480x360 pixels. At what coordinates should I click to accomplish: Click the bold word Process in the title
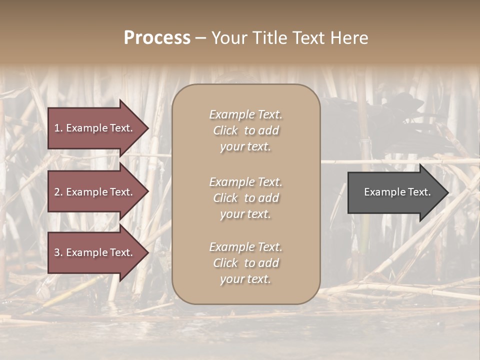(157, 38)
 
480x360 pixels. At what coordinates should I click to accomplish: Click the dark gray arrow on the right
(395, 192)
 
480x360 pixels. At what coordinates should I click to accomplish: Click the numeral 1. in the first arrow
(58, 128)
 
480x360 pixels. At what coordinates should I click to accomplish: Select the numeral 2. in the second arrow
(58, 192)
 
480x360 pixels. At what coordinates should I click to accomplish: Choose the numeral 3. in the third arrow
(58, 252)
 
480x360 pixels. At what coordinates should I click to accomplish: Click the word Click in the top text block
(225, 130)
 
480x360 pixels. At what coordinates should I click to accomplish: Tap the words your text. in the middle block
(245, 214)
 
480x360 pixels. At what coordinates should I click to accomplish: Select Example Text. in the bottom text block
(245, 247)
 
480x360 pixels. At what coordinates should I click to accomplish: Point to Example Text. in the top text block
(245, 114)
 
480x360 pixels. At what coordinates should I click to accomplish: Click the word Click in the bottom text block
(225, 263)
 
